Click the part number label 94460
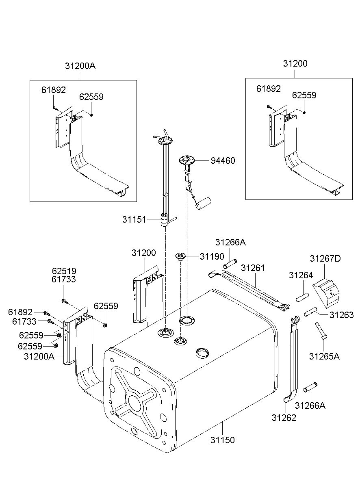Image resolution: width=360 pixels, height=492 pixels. click(x=223, y=161)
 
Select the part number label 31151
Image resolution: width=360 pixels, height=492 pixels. click(x=134, y=219)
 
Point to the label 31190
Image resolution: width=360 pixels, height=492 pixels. click(x=212, y=256)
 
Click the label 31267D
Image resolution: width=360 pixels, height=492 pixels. click(x=325, y=258)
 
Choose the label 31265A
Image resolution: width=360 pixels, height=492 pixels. click(x=324, y=356)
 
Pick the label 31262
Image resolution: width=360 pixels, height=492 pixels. click(x=284, y=418)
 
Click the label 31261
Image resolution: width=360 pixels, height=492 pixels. click(x=253, y=268)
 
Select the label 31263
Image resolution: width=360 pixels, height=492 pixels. click(x=342, y=315)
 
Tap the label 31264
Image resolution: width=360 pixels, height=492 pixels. click(x=301, y=275)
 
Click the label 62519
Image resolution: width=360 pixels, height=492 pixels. click(x=64, y=271)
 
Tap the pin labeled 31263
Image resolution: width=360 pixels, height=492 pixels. click(x=310, y=312)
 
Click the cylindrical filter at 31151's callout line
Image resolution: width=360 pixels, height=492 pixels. click(x=164, y=220)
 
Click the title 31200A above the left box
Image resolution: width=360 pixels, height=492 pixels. click(x=80, y=66)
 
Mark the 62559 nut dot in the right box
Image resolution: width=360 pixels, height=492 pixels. click(x=304, y=113)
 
